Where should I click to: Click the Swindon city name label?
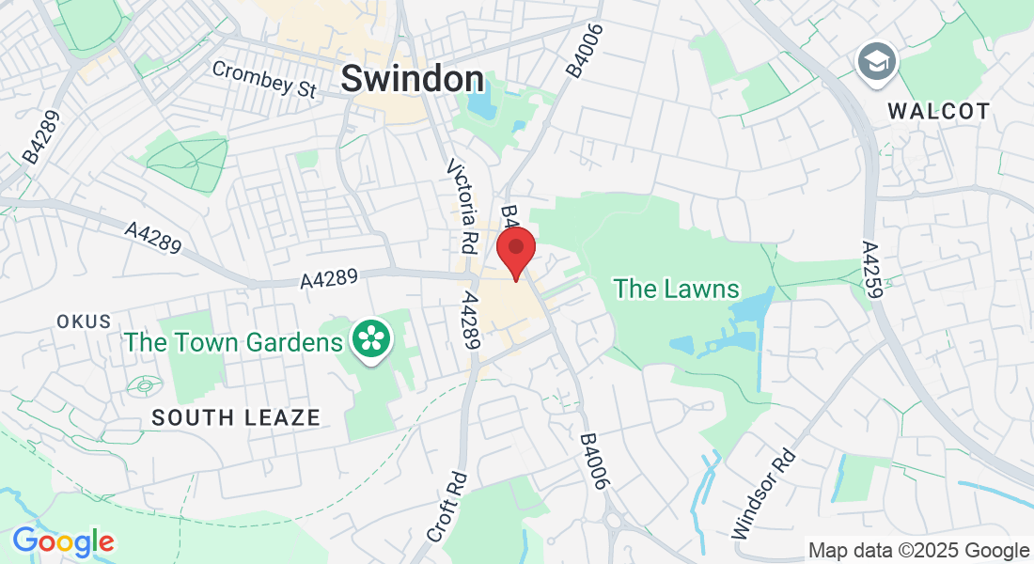coord(413,79)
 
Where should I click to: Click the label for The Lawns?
coord(677,289)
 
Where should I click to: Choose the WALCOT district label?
coord(939,111)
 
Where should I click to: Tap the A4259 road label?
coord(872,270)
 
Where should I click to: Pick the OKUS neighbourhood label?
coord(84,321)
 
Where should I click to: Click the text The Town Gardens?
coord(234,341)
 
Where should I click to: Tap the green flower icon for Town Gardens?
coord(372,339)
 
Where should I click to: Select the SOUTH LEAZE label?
coord(236,417)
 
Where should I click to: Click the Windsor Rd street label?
coord(763,494)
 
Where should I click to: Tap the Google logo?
coord(63,541)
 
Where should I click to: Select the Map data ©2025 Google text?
coord(919,551)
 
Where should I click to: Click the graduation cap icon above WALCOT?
coord(878,63)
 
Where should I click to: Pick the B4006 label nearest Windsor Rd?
coord(596,462)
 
